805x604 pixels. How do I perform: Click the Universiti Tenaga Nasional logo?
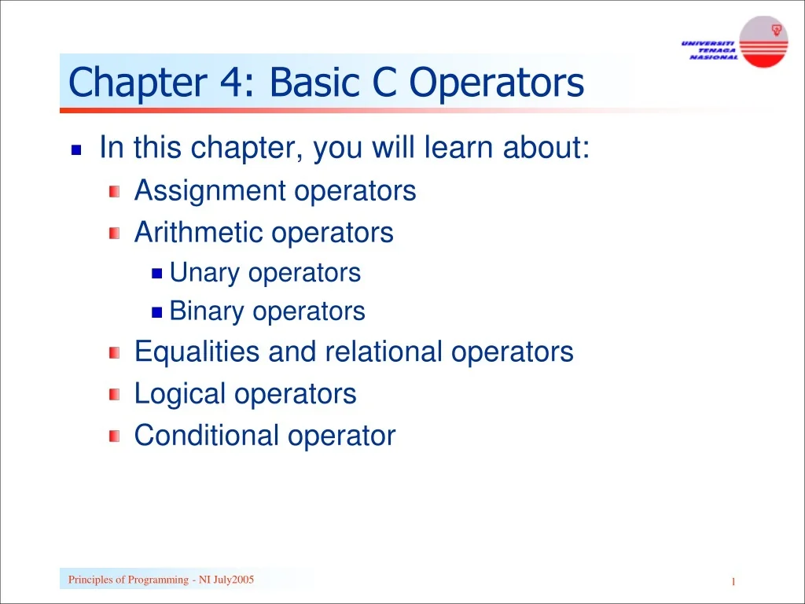734,42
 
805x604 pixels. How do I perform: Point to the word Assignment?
210,190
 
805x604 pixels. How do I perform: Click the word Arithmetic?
199,232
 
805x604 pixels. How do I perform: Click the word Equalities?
197,352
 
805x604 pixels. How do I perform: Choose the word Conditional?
207,435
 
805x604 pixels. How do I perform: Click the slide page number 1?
733,581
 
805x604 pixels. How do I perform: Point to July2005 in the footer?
233,580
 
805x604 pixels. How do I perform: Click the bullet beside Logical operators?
115,394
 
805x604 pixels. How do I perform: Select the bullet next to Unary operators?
156,274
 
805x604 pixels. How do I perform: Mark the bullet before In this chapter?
76,149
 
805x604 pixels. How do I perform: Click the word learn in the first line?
457,148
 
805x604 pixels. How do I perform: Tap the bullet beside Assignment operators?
115,191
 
